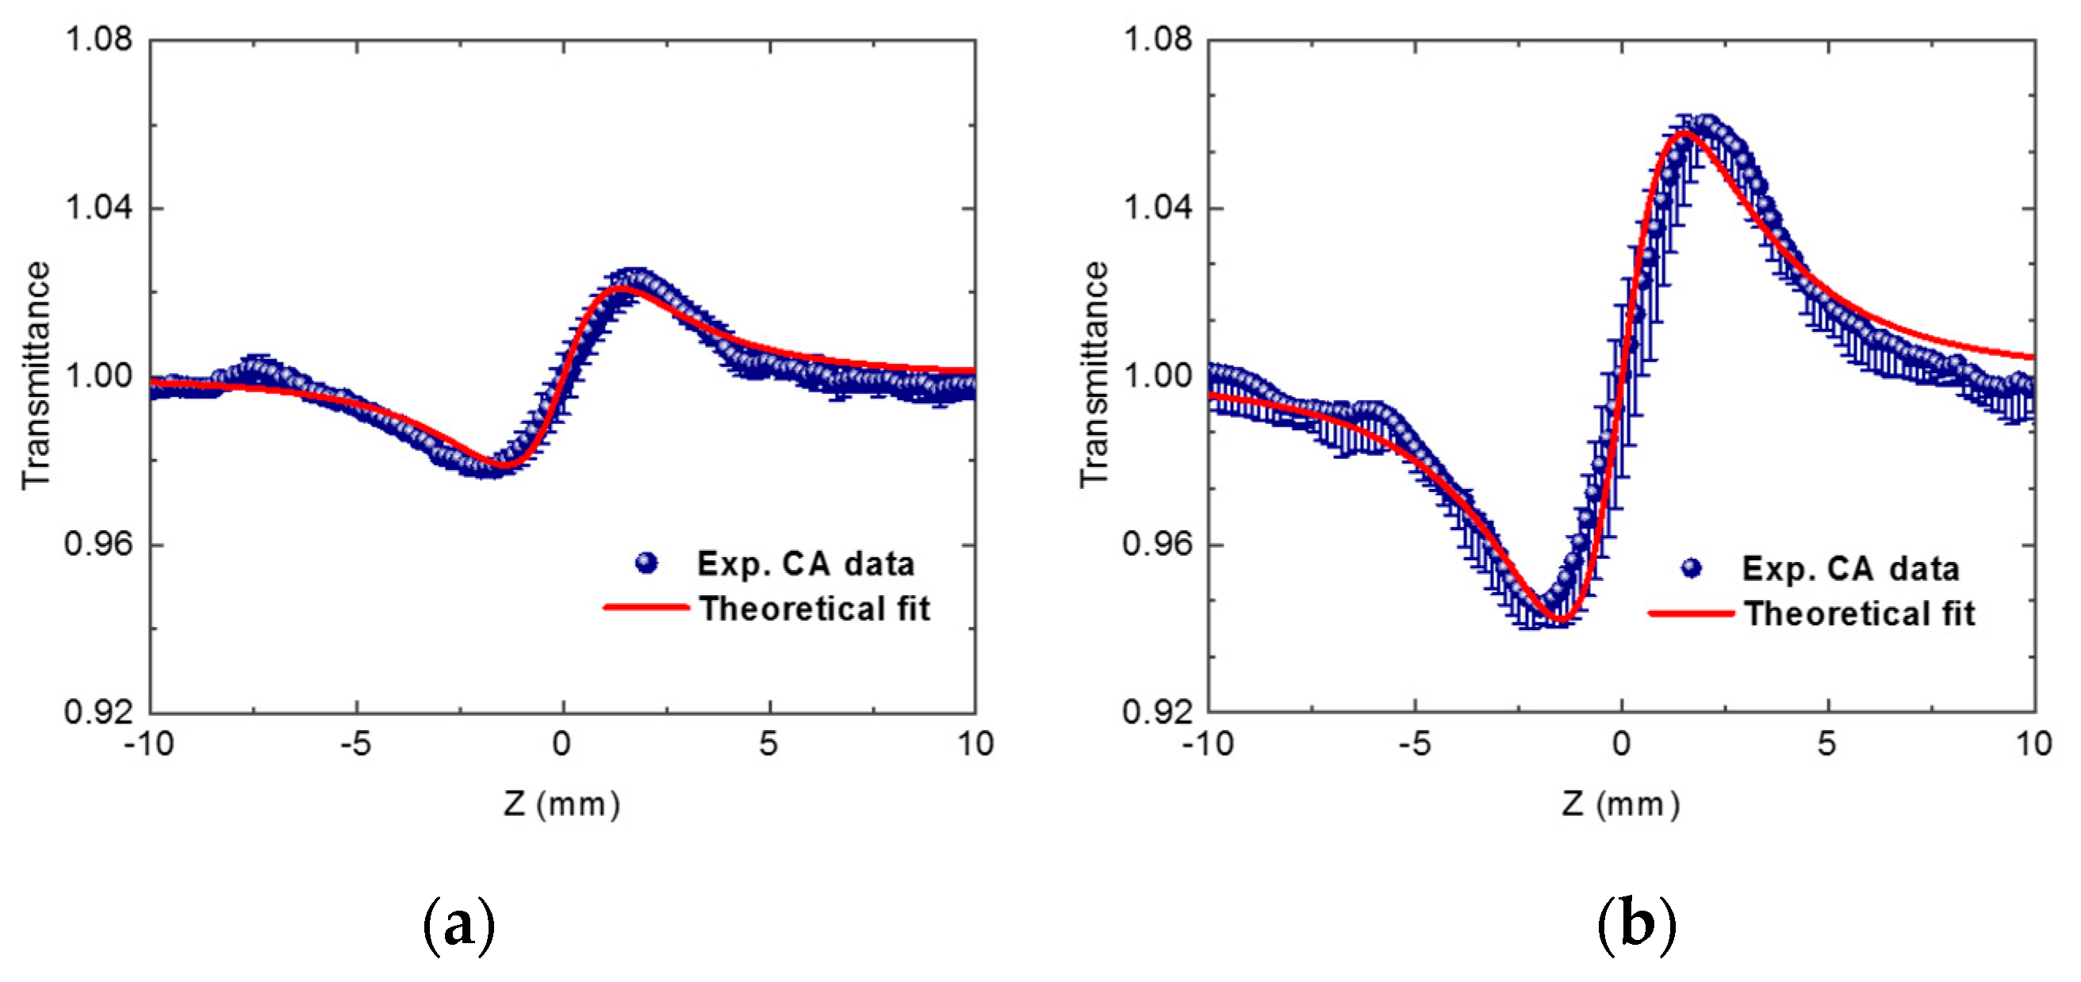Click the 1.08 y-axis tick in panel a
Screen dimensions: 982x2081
tap(97, 39)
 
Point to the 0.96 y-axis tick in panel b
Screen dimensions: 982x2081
tap(1157, 544)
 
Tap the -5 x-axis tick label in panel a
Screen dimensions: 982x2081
tap(355, 743)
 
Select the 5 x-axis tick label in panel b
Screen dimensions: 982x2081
tap(1826, 743)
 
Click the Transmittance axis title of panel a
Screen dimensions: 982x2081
tap(36, 376)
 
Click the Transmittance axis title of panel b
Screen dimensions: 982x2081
tap(1094, 376)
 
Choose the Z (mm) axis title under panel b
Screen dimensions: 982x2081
tap(1620, 804)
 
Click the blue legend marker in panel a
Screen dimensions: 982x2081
tap(646, 563)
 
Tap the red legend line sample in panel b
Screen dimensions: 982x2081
tap(1692, 613)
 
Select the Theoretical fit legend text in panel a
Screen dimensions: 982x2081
tap(814, 609)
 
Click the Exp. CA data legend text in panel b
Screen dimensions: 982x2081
tap(1850, 568)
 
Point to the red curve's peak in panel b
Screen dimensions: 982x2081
tap(1684, 132)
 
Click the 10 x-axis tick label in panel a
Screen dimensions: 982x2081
tap(975, 743)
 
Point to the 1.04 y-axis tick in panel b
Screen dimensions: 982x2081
tap(1157, 208)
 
